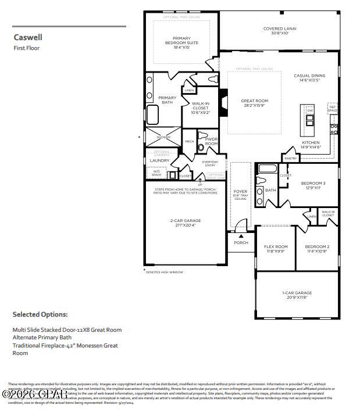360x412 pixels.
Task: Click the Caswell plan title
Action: [x=28, y=37]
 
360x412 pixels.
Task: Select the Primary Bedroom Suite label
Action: [x=181, y=42]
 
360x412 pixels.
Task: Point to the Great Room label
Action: [x=254, y=103]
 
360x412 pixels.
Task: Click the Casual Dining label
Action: [x=309, y=78]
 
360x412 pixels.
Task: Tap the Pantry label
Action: [x=290, y=158]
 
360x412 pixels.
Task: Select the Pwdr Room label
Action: [x=211, y=142]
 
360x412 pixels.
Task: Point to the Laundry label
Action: [x=159, y=160]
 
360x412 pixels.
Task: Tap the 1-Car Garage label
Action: [x=297, y=295]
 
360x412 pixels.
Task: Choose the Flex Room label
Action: [x=276, y=249]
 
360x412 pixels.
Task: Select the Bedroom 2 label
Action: [x=317, y=249]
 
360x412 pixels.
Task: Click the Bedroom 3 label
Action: [x=313, y=185]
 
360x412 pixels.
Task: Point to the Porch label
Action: [x=241, y=242]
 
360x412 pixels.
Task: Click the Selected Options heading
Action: [x=40, y=314]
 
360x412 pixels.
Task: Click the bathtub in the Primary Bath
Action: [x=152, y=115]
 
